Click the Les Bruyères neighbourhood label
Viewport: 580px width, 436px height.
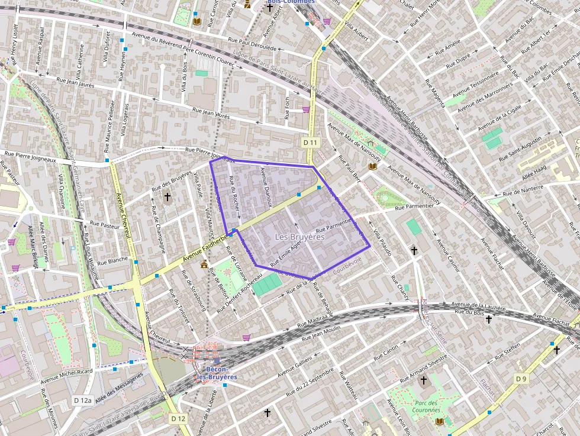pyautogui.click(x=300, y=237)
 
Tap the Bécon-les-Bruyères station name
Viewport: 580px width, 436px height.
pyautogui.click(x=217, y=373)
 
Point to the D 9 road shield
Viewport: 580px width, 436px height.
pyautogui.click(x=521, y=379)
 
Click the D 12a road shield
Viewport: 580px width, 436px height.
pyautogui.click(x=83, y=401)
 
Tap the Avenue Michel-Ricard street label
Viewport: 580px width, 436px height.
pyautogui.click(x=66, y=377)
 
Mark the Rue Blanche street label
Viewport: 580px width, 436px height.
pyautogui.click(x=112, y=260)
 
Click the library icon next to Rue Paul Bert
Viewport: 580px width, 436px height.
pyautogui.click(x=372, y=167)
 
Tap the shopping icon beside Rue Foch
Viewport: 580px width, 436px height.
pyautogui.click(x=306, y=109)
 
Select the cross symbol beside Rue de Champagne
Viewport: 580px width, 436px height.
pyautogui.click(x=167, y=196)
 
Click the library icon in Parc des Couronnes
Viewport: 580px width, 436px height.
pyautogui.click(x=439, y=421)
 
